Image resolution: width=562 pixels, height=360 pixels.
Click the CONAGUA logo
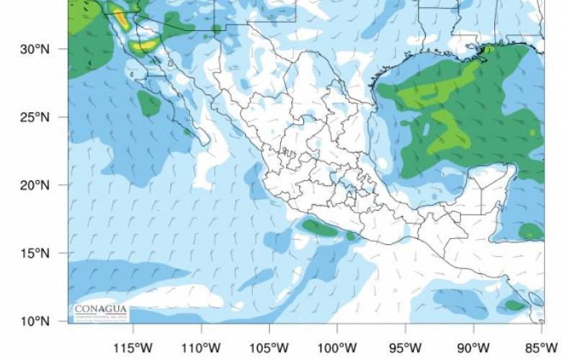(x=100, y=310)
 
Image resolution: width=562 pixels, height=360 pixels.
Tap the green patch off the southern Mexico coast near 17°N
(x=321, y=228)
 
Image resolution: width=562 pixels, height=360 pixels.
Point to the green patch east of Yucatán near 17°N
(x=531, y=231)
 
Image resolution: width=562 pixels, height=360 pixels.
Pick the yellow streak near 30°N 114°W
(x=143, y=45)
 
